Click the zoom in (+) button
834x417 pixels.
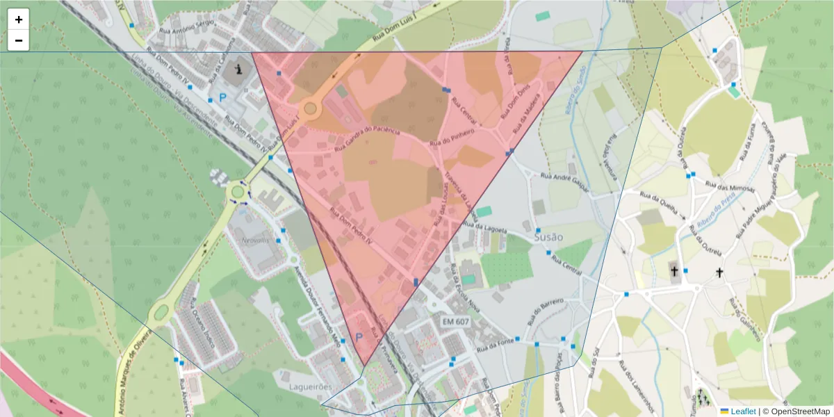(x=18, y=19)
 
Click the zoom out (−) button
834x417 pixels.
(x=18, y=40)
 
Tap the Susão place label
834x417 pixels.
(x=548, y=237)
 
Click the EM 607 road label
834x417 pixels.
(x=456, y=322)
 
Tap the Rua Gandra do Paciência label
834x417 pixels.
(x=368, y=138)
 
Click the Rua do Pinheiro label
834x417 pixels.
(x=452, y=137)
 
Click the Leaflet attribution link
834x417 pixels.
(x=737, y=411)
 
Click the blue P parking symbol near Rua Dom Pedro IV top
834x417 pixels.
(x=222, y=98)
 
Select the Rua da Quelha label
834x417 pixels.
(x=660, y=201)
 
